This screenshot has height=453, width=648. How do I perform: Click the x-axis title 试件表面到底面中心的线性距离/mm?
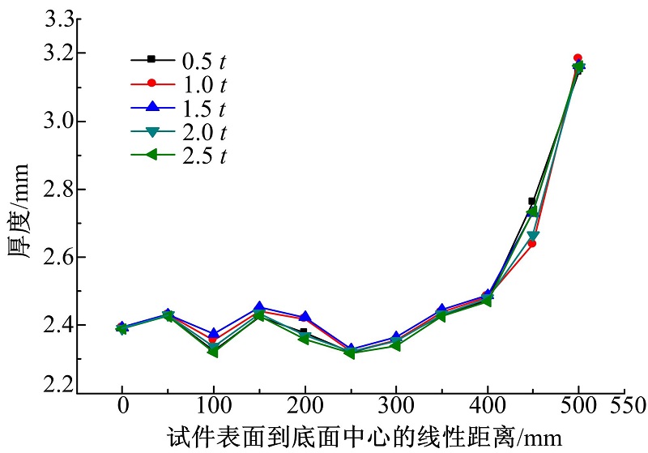tap(364, 438)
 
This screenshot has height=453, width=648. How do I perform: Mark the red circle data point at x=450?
tap(532, 243)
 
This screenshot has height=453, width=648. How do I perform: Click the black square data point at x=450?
tap(532, 201)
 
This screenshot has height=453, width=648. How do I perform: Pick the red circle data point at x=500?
tap(578, 58)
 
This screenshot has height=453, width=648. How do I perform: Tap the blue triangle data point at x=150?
tap(258, 307)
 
